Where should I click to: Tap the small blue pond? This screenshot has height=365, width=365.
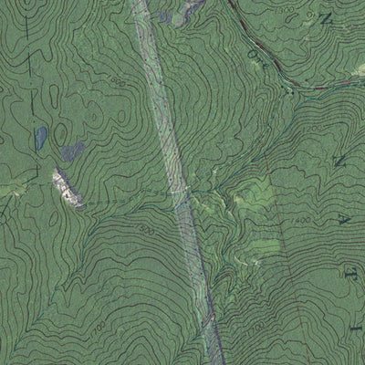pos(41,139)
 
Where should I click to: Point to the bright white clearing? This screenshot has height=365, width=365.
pos(66,185)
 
